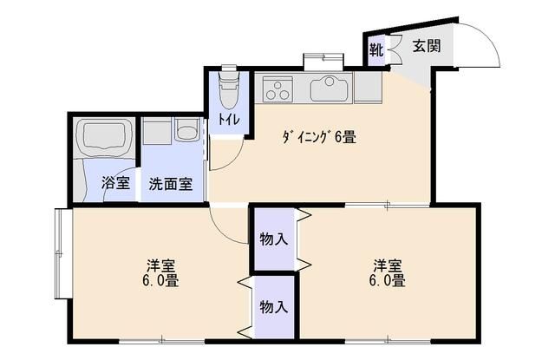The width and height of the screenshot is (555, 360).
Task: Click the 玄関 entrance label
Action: click(x=426, y=46)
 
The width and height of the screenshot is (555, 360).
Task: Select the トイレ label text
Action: click(x=229, y=119)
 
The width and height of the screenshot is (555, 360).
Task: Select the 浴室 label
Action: click(x=115, y=183)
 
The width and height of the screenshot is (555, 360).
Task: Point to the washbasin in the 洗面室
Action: click(x=186, y=132)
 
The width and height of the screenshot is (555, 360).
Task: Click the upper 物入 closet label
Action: click(x=274, y=238)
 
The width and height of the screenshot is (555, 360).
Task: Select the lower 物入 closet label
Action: click(x=274, y=306)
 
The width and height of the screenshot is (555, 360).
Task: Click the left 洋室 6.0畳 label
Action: click(x=160, y=272)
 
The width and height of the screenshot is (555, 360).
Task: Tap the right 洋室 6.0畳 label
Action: click(x=388, y=272)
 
